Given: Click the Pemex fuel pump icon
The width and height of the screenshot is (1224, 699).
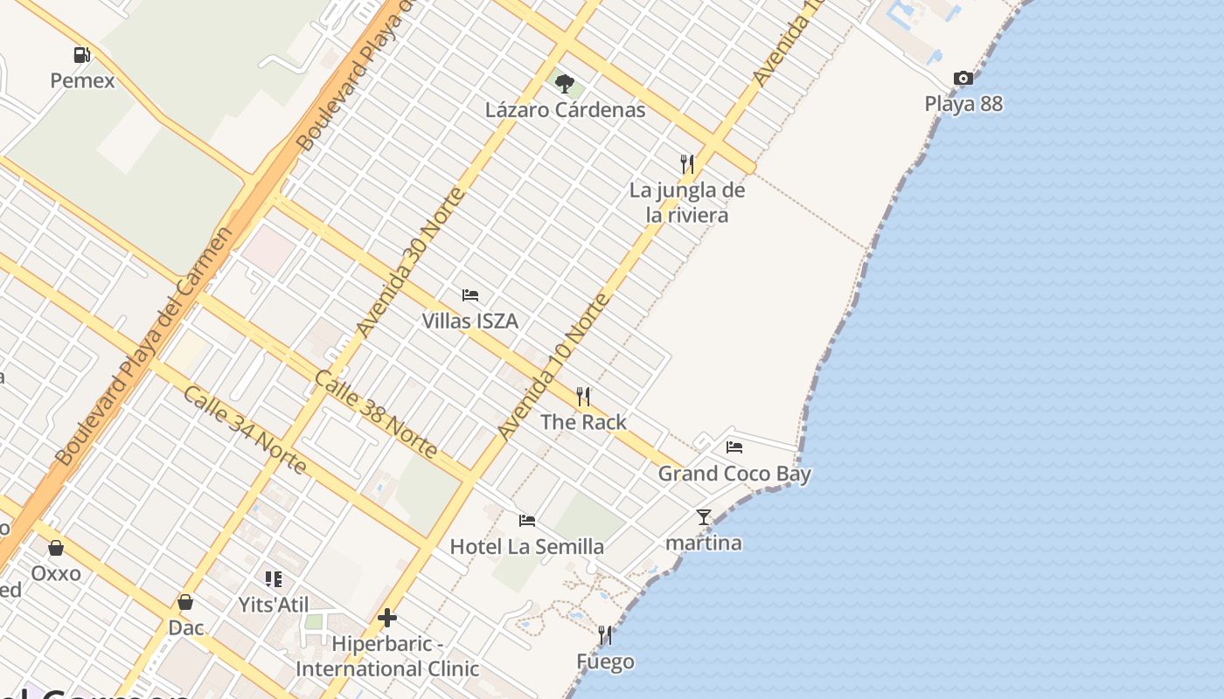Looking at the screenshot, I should (82, 55).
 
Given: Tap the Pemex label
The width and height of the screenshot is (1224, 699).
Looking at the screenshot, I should (82, 81).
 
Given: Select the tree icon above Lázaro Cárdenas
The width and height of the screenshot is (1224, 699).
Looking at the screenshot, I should (565, 84).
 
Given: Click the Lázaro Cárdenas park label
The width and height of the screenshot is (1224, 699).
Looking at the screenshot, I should (566, 110).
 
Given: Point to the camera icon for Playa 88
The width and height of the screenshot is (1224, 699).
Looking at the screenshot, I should (963, 78).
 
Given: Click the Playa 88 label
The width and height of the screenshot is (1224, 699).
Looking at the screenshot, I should (963, 104).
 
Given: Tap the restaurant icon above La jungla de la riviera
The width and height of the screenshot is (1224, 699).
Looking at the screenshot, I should (687, 163).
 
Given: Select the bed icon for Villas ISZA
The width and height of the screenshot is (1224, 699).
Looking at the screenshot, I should (470, 295).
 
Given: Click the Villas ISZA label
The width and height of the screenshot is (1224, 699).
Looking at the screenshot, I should (470, 322).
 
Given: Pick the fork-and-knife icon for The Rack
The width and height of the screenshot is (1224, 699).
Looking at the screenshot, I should (583, 397).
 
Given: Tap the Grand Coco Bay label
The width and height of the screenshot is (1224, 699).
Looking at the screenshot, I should (734, 474).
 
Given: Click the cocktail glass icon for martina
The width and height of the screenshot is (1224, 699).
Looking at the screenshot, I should (704, 517).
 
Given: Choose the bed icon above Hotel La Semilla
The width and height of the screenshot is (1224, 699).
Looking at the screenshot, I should (527, 521).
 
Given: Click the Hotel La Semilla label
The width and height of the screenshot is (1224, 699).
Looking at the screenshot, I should (527, 547).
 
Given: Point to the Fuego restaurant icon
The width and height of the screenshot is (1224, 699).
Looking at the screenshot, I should (605, 635).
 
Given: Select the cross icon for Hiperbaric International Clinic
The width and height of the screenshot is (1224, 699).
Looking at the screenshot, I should (387, 619).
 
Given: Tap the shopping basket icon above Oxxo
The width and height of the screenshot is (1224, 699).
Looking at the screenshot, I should (56, 548).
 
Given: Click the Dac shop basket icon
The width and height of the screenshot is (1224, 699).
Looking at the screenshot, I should (185, 602).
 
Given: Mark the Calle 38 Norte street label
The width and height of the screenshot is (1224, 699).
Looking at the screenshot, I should (375, 414).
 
